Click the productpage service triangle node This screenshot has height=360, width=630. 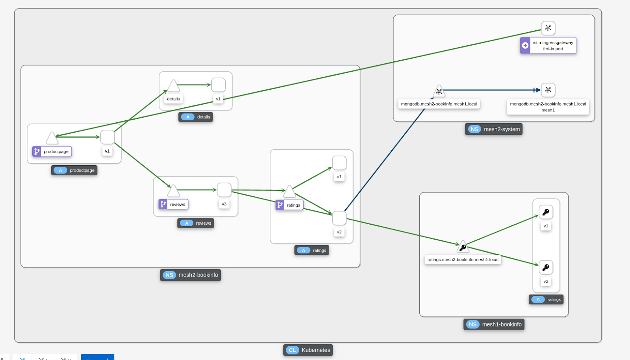[52, 138]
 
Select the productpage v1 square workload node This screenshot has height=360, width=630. [107, 137]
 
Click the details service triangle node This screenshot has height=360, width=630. [173, 86]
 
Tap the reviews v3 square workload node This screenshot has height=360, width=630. [224, 190]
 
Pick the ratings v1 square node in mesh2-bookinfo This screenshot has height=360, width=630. [339, 163]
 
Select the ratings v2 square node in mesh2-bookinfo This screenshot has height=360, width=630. [339, 218]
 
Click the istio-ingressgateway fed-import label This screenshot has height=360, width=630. [553, 46]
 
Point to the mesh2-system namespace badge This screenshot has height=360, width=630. [494, 129]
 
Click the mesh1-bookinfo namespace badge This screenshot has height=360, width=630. [494, 324]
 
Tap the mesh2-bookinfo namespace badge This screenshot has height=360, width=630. [191, 275]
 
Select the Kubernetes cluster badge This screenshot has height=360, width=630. [308, 350]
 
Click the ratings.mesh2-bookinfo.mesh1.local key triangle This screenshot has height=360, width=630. [463, 247]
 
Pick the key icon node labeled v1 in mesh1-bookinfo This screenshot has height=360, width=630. [546, 212]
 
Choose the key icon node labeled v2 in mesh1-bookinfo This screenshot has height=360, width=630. [546, 268]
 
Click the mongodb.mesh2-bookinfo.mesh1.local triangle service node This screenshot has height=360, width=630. [439, 92]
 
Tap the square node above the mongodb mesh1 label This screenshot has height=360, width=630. [548, 90]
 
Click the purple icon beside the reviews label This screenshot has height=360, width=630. [163, 204]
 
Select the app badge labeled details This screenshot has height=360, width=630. [196, 117]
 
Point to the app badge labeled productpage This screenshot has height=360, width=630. [74, 170]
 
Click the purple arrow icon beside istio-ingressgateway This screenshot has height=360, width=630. [525, 46]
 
